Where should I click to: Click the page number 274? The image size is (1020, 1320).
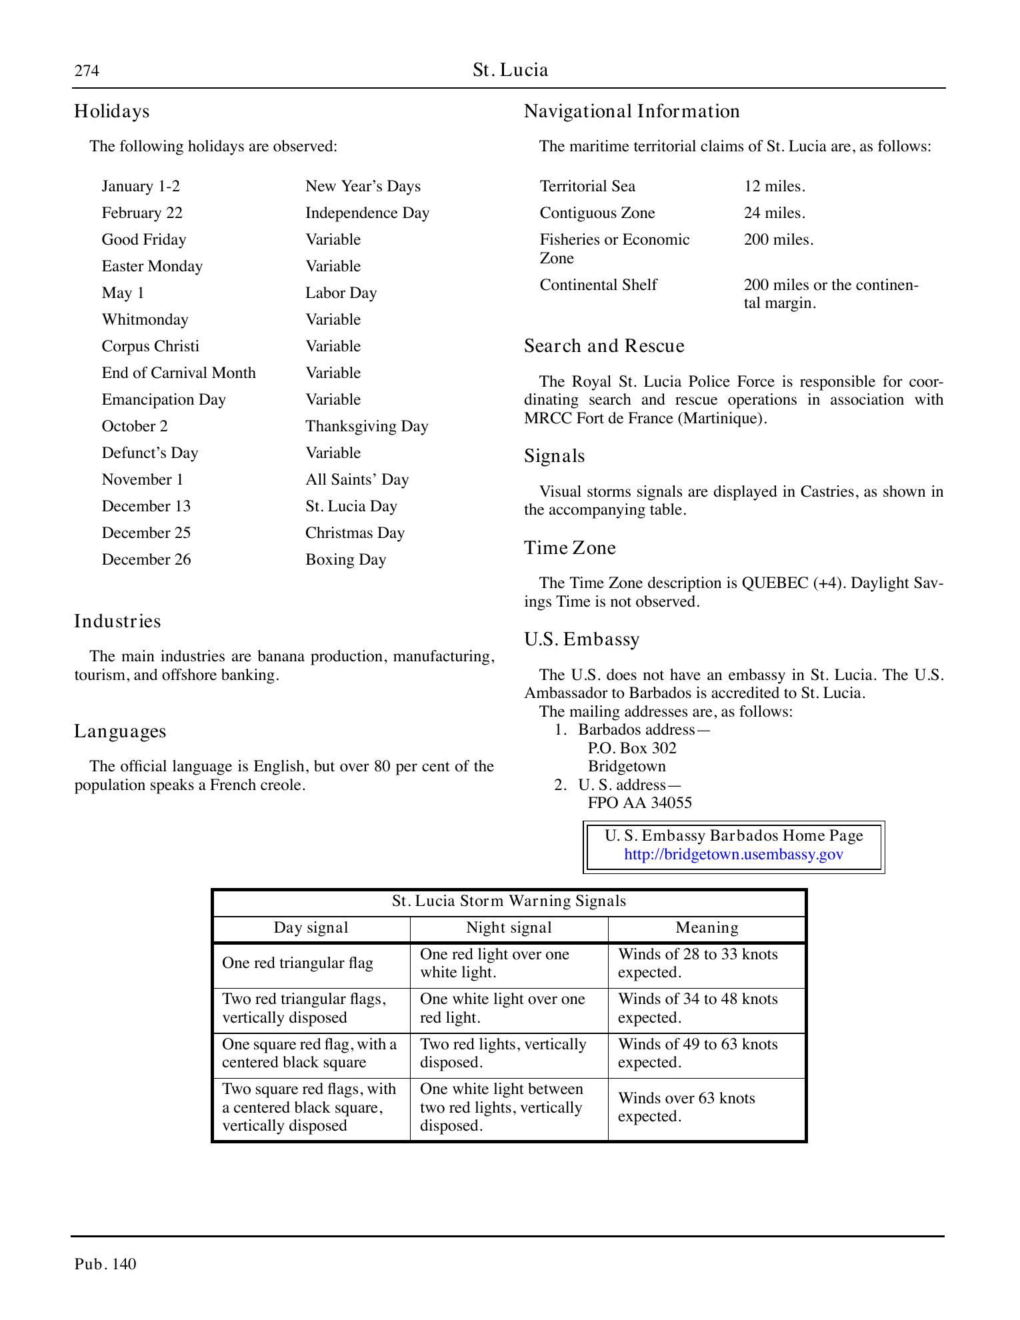pyautogui.click(x=87, y=71)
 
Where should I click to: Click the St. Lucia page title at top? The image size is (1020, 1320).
pyautogui.click(x=510, y=70)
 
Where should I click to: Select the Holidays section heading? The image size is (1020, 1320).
pyautogui.click(x=111, y=111)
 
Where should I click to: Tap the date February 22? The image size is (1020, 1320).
pyautogui.click(x=141, y=213)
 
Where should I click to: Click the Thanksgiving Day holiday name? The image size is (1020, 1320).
pyautogui.click(x=367, y=426)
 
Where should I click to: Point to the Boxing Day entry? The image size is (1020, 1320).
pyautogui.click(x=345, y=559)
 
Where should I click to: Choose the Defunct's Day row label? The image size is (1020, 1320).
pyautogui.click(x=149, y=453)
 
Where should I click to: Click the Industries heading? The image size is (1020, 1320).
pyautogui.click(x=117, y=621)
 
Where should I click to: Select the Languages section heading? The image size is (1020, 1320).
pyautogui.click(x=120, y=731)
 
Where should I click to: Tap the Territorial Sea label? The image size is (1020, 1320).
pyautogui.click(x=587, y=186)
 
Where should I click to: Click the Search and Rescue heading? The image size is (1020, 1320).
pyautogui.click(x=604, y=346)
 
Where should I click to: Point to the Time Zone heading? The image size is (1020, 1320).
pyautogui.click(x=569, y=548)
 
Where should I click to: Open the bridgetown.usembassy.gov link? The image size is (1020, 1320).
pyautogui.click(x=733, y=855)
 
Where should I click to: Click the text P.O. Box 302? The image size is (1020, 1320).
pyautogui.click(x=631, y=748)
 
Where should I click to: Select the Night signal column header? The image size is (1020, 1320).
pyautogui.click(x=509, y=927)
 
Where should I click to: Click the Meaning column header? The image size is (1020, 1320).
pyautogui.click(x=707, y=927)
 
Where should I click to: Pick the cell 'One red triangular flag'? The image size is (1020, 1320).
pyautogui.click(x=297, y=963)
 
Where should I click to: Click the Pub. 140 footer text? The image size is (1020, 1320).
pyautogui.click(x=105, y=1264)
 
